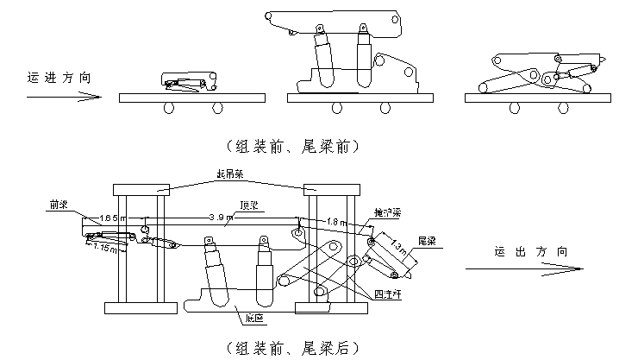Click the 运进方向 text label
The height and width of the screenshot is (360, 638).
(x=57, y=78)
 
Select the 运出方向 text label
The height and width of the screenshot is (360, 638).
(x=525, y=252)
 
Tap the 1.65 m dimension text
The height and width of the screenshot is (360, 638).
(x=113, y=217)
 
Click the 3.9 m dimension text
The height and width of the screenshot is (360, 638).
(x=222, y=217)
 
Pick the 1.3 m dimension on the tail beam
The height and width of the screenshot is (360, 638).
(x=399, y=251)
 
